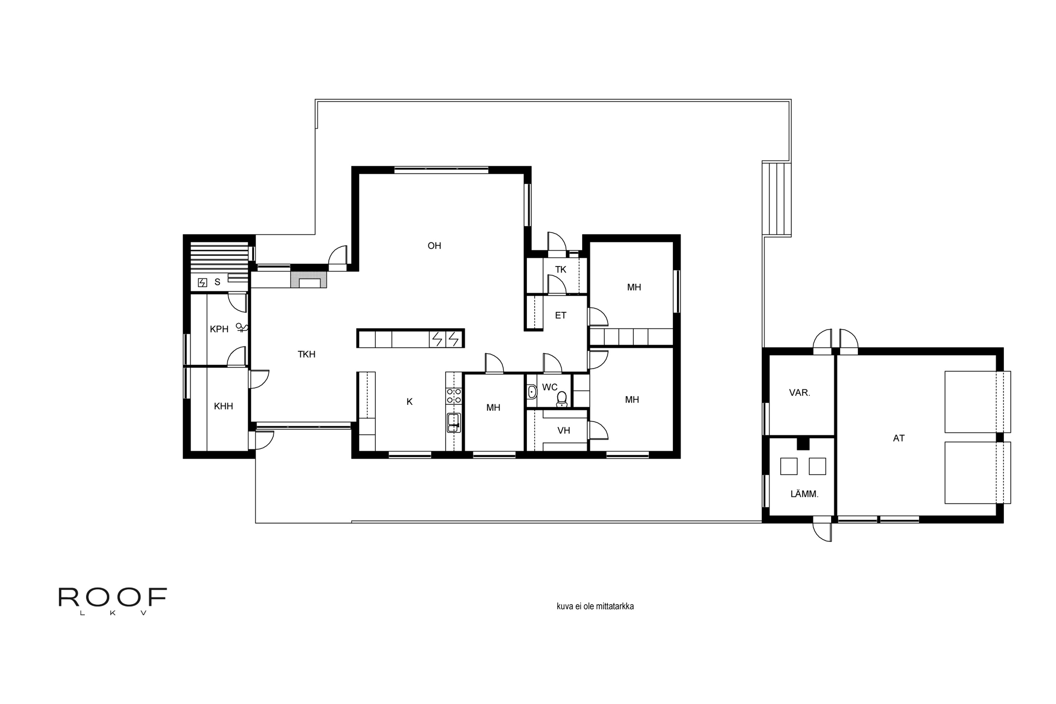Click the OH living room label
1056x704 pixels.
(x=434, y=246)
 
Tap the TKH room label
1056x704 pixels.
(x=306, y=354)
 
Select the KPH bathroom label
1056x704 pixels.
(x=219, y=329)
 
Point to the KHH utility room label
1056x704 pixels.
(x=223, y=406)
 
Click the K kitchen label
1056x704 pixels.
(x=409, y=402)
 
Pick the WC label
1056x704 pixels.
(x=549, y=387)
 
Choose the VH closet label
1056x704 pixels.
(x=564, y=430)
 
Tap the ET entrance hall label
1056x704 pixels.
(x=561, y=315)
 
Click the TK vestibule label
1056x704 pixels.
(x=561, y=269)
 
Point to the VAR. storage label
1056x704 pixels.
(x=800, y=392)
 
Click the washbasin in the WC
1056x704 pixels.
(x=532, y=391)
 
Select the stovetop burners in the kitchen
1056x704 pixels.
(x=454, y=396)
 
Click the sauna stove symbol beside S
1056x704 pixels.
(x=202, y=282)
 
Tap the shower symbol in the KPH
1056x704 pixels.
(x=243, y=328)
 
